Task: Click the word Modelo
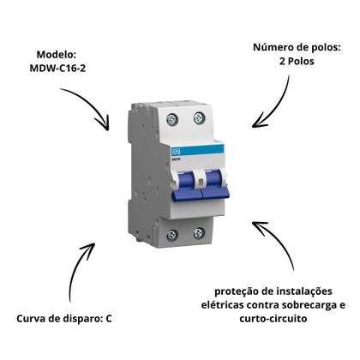[x=57, y=54]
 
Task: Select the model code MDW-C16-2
[x=57, y=69]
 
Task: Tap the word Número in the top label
[x=272, y=47]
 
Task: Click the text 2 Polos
[x=297, y=61]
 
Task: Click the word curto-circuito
[x=273, y=318]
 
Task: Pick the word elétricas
[x=223, y=304]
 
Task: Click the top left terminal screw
[x=172, y=119]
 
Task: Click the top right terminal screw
[x=199, y=117]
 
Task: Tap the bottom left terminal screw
[x=172, y=235]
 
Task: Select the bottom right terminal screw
[x=198, y=233]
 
